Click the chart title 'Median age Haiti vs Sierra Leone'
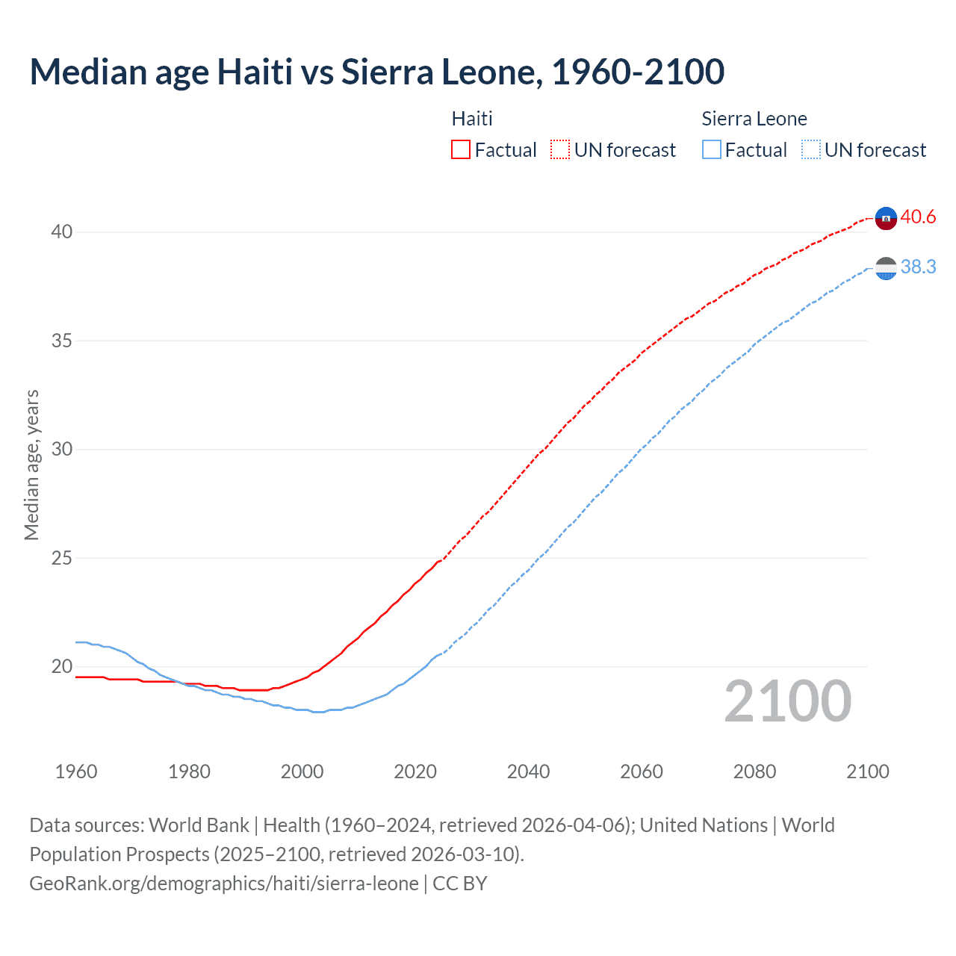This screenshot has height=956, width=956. pos(376,72)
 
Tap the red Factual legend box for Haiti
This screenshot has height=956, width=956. pos(461,149)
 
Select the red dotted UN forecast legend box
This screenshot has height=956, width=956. pos(560,149)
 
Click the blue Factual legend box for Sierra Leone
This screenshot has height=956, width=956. pos(712,149)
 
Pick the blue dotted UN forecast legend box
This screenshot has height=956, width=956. pos(811,149)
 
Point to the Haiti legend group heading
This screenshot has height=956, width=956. pos(472,119)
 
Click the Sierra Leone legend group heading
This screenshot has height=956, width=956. pos(754,119)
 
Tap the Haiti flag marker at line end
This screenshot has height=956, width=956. pos(886,218)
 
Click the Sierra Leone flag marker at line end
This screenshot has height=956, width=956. pos(886,268)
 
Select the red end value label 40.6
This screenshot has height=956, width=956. pos(918,217)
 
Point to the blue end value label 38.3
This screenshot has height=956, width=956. pos(918,267)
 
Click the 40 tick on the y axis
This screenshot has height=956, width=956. pos(62,232)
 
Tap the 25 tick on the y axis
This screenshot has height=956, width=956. pos(62,558)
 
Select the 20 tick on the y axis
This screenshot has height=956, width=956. pos(62,666)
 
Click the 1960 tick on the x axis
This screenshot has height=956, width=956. pos(76,772)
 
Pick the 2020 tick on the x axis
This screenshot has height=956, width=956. pos(415,772)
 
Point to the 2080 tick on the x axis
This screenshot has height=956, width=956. pos(754,772)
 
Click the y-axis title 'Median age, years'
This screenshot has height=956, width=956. pos(31,465)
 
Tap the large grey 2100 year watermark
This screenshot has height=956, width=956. pos(788,701)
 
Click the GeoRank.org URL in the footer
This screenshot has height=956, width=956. pos(224,884)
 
